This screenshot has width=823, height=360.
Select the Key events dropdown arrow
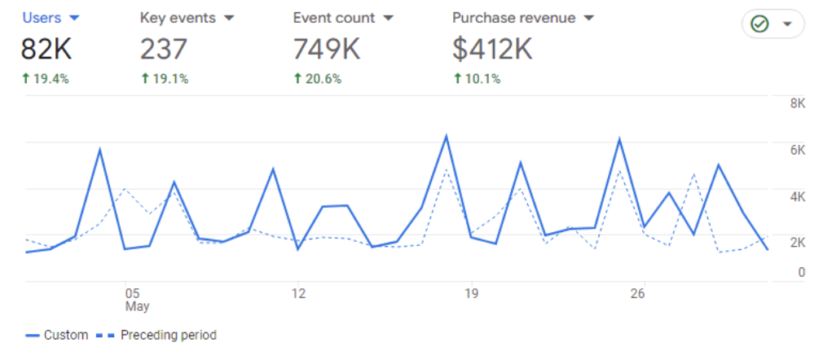click(229, 18)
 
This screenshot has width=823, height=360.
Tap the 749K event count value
click(326, 50)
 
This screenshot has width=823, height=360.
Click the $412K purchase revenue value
click(491, 50)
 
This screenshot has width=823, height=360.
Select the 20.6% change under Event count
click(317, 79)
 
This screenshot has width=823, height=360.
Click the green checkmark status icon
click(759, 24)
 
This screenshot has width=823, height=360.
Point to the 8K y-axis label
click(797, 103)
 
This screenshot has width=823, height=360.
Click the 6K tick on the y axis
click(797, 150)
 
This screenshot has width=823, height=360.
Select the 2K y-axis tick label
click(797, 243)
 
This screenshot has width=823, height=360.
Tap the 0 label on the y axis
click(802, 273)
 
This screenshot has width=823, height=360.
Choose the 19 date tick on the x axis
click(469, 293)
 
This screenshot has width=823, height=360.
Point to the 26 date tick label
click(640, 293)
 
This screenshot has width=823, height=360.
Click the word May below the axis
click(137, 307)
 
